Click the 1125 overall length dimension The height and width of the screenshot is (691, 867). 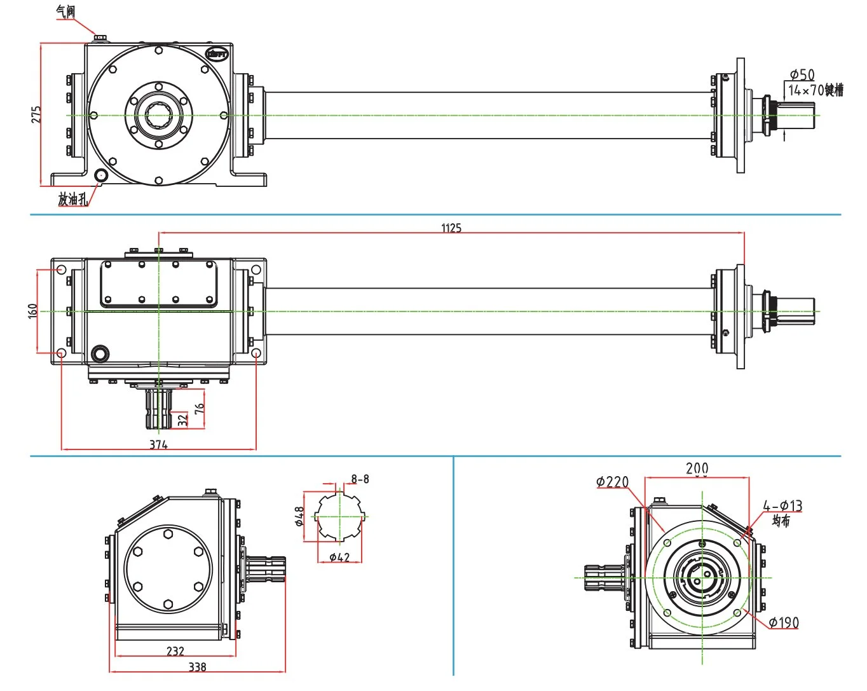tap(451, 228)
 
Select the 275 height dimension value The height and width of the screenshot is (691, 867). tap(36, 114)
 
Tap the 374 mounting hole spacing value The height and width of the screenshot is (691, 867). tap(158, 445)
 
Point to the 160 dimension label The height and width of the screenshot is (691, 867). tap(33, 311)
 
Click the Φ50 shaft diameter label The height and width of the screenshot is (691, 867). tap(802, 75)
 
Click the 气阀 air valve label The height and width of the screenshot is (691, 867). tap(65, 11)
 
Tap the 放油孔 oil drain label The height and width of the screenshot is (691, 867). tap(73, 199)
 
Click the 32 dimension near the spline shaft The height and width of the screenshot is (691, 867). tap(183, 420)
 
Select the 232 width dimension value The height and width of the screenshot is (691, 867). tap(175, 651)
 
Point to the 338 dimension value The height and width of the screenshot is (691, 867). tap(198, 667)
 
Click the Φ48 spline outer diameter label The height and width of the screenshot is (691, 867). tap(299, 517)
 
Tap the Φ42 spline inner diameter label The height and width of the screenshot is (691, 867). tap(339, 558)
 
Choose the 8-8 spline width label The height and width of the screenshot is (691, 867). tap(360, 479)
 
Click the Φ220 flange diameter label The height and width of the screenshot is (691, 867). tap(612, 482)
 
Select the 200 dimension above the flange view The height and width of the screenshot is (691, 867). tap(697, 468)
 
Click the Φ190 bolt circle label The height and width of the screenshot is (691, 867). tap(784, 622)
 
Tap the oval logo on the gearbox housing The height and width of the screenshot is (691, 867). tap(217, 54)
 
